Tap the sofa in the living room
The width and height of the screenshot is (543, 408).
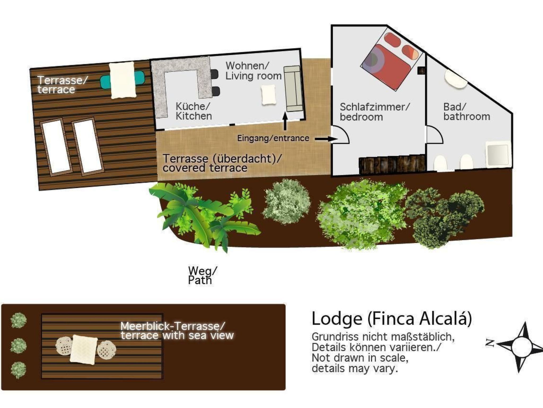pos(293,89)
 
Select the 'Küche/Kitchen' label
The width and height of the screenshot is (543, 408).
pos(193,111)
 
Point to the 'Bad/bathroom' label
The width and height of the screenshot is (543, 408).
pos(466,112)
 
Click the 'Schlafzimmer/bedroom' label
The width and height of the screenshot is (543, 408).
pos(375,112)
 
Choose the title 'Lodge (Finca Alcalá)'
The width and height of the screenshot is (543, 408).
pos(392,318)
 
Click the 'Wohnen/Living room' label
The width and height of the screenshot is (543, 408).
pos(253,71)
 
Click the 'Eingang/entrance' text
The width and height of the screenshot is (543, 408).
pos(273,138)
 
